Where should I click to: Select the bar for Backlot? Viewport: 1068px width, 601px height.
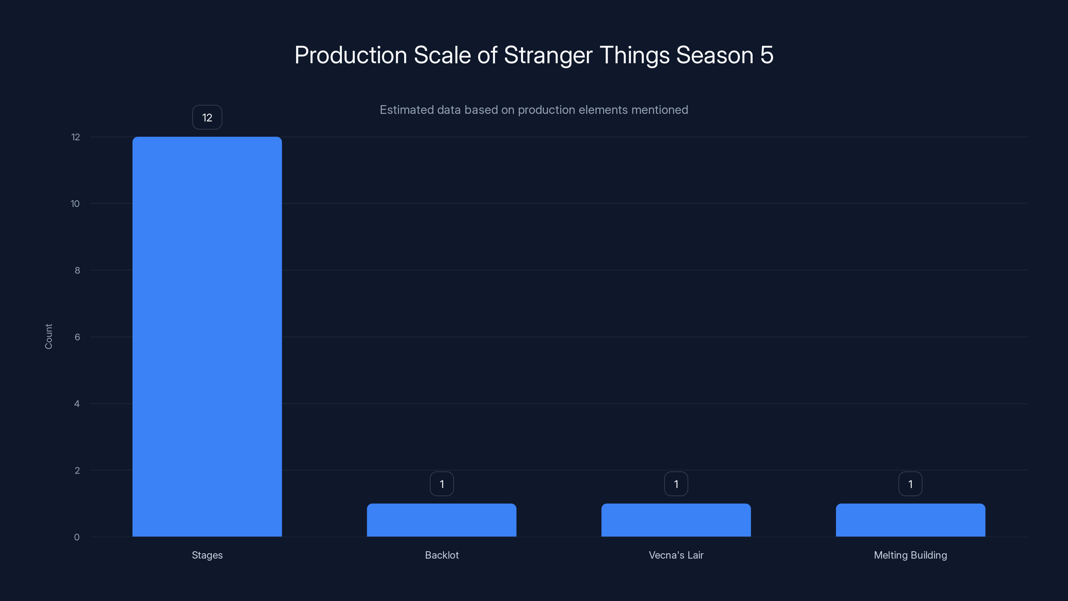click(442, 520)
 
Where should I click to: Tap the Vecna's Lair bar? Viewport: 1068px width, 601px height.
click(676, 520)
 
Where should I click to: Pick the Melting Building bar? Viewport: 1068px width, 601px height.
click(910, 520)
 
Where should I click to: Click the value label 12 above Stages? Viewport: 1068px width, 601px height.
click(207, 118)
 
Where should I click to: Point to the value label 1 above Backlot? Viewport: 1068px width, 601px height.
click(442, 484)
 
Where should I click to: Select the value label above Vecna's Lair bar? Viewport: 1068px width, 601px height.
click(676, 484)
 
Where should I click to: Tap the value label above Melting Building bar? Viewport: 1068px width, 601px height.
click(910, 484)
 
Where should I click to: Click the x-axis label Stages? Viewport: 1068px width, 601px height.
click(207, 555)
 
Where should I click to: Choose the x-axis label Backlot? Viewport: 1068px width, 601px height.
click(442, 555)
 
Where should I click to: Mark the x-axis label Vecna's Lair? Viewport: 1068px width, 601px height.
click(676, 555)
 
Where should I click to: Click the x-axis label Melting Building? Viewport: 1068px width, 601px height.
click(910, 555)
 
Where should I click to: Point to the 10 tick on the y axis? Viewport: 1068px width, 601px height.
click(75, 204)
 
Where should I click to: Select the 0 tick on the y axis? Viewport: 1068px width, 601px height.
click(77, 537)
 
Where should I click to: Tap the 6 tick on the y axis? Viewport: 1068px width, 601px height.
click(77, 337)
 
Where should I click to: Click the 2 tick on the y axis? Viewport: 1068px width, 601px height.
click(77, 470)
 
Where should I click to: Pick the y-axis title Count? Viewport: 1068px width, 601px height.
click(48, 336)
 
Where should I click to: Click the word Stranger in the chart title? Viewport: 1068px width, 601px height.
click(548, 55)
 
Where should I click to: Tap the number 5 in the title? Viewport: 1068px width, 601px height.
click(767, 55)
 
